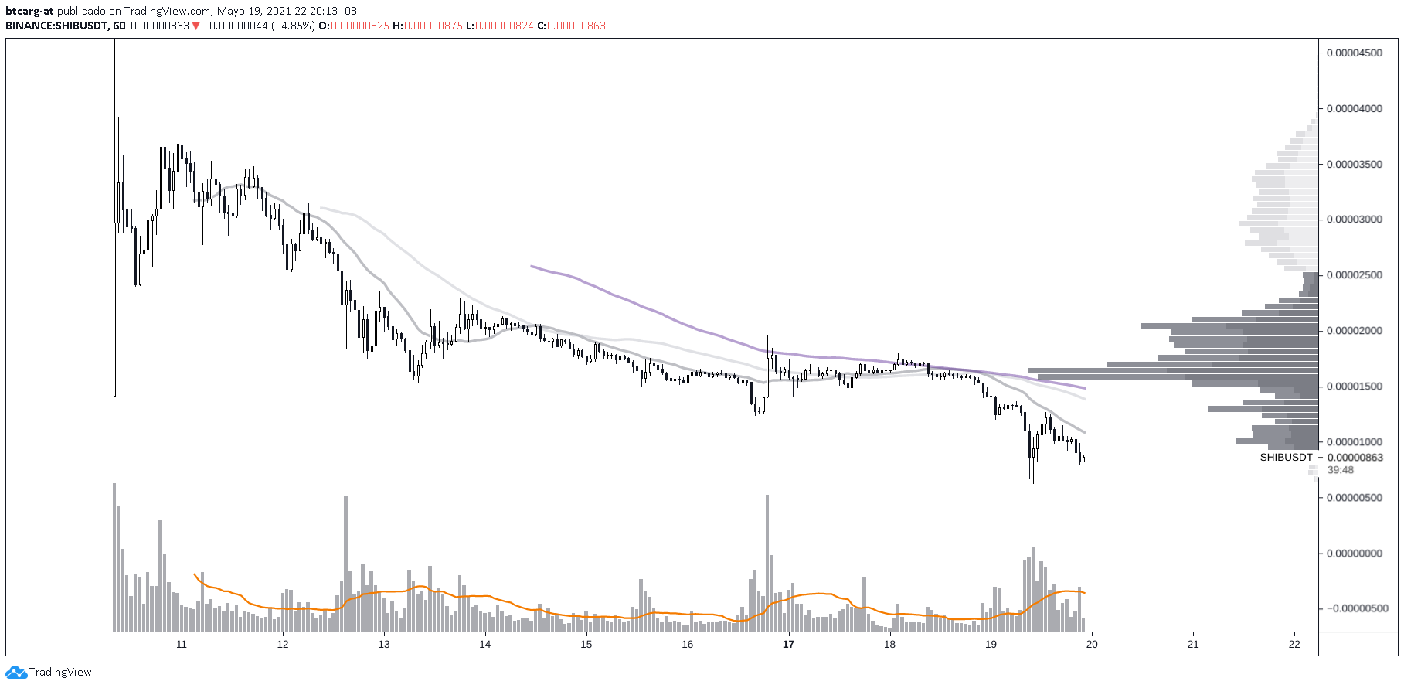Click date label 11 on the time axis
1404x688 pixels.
pyautogui.click(x=182, y=645)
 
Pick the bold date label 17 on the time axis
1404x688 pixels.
pyautogui.click(x=788, y=645)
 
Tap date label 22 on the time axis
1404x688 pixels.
pyautogui.click(x=1294, y=645)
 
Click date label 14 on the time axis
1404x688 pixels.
pyautogui.click(x=485, y=645)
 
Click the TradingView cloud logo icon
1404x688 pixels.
pyautogui.click(x=16, y=673)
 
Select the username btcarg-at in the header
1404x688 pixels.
pyautogui.click(x=29, y=12)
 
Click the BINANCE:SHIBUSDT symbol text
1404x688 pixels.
pyautogui.click(x=57, y=26)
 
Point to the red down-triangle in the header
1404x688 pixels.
pyautogui.click(x=196, y=26)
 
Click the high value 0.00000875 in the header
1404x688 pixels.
pyautogui.click(x=433, y=26)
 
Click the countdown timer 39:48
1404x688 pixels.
pyautogui.click(x=1341, y=470)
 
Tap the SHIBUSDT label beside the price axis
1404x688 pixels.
pyautogui.click(x=1286, y=458)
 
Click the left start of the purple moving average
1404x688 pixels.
pyautogui.click(x=532, y=266)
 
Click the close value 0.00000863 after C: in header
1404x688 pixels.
pyautogui.click(x=577, y=26)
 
